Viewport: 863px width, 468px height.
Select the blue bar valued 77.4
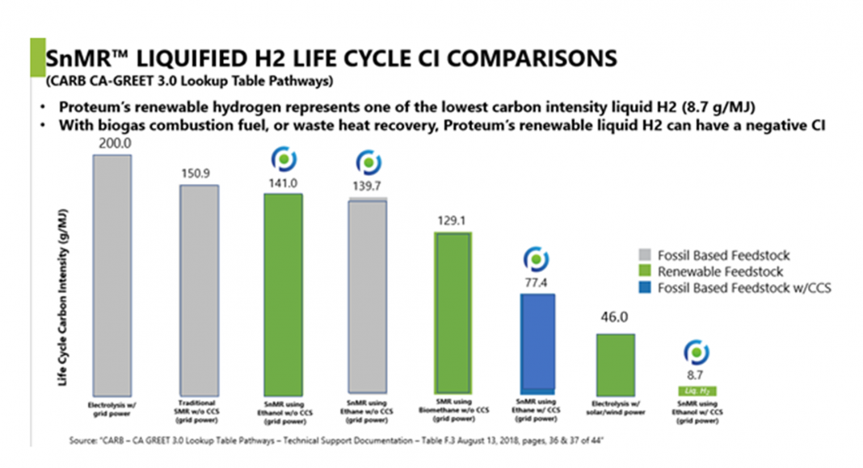tap(537, 344)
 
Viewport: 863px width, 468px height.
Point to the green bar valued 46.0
tap(615, 363)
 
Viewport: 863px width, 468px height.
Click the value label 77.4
tap(537, 284)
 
